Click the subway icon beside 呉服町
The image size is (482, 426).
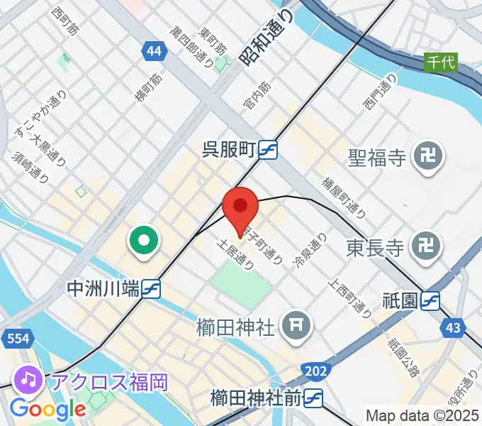tap(268, 150)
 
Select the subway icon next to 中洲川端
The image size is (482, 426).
tap(151, 288)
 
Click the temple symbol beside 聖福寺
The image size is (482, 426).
tap(429, 157)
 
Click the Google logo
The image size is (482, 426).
tap(48, 409)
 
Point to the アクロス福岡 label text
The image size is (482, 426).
tap(108, 381)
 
